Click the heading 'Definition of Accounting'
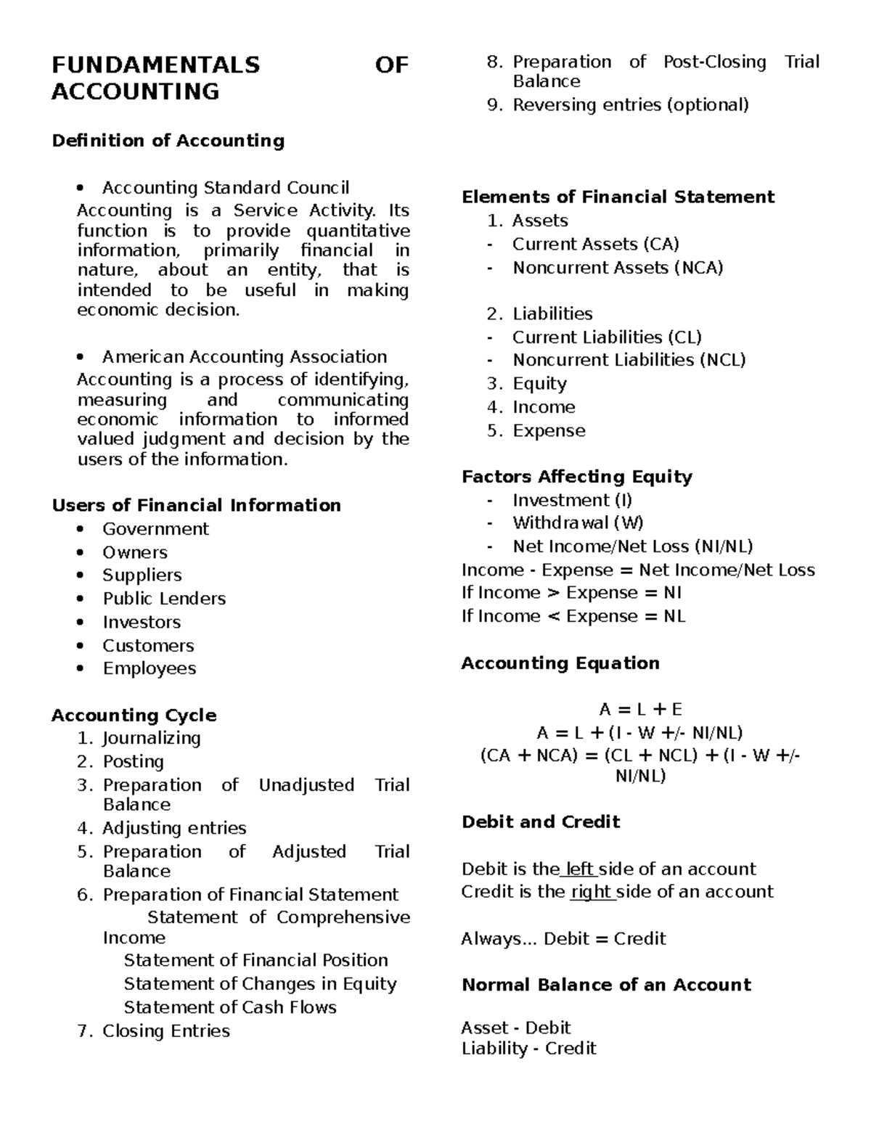tap(168, 140)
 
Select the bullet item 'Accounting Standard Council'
tap(225, 188)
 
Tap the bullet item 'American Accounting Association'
tap(244, 356)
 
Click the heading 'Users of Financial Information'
tap(196, 505)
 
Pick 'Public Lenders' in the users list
tap(163, 599)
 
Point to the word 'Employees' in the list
tap(149, 668)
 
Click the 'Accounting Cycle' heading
tap(134, 716)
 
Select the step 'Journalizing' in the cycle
tap(151, 738)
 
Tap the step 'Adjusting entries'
tap(174, 828)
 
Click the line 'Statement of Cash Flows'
tap(230, 1007)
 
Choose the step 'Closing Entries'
tap(165, 1030)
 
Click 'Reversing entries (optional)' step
tap(630, 105)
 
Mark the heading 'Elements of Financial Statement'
tap(618, 197)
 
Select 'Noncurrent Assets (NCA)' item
tap(618, 268)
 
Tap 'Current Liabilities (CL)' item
tap(607, 337)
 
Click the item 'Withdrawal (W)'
tap(578, 523)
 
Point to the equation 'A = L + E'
tap(640, 710)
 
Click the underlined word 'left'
tap(579, 869)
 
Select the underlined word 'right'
tap(592, 892)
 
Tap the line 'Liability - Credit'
tap(528, 1049)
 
